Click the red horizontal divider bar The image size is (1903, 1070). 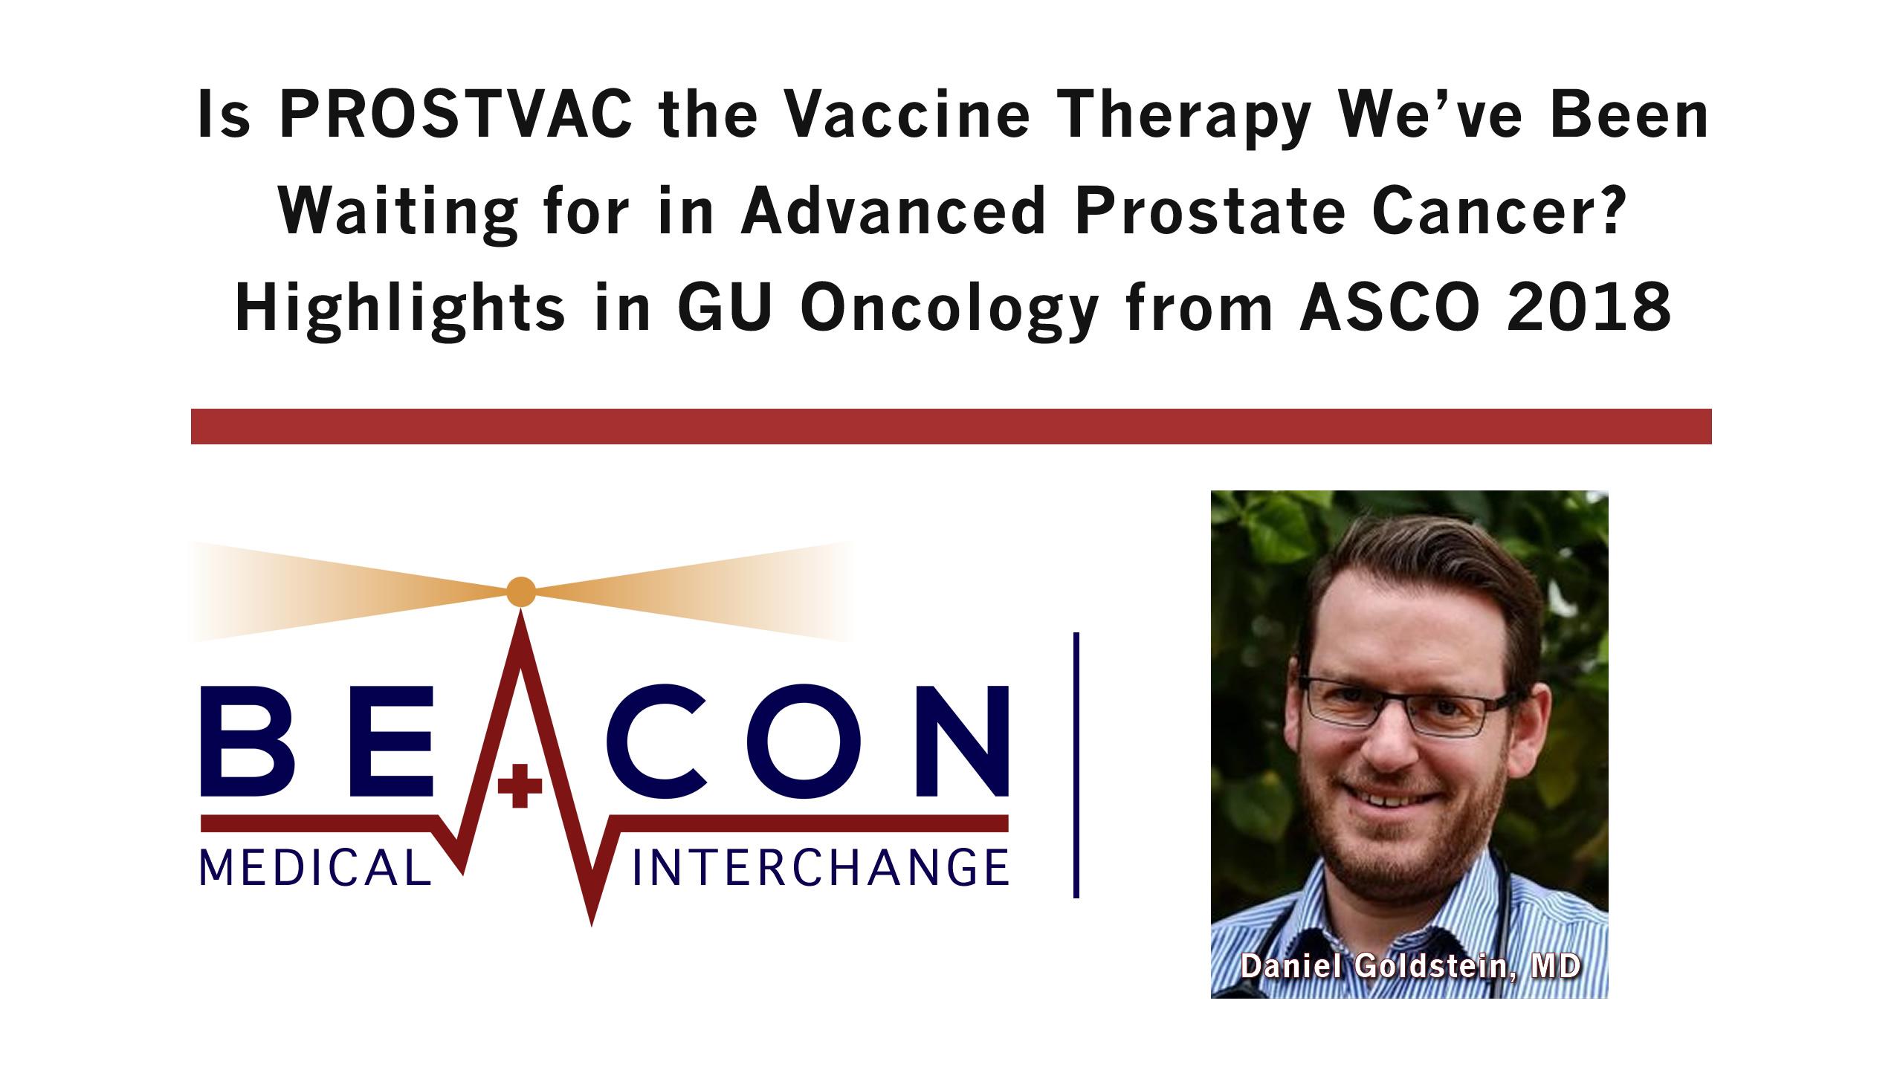[951, 427]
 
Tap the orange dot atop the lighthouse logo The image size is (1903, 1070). [520, 591]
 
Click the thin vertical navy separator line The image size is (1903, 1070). [1076, 765]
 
